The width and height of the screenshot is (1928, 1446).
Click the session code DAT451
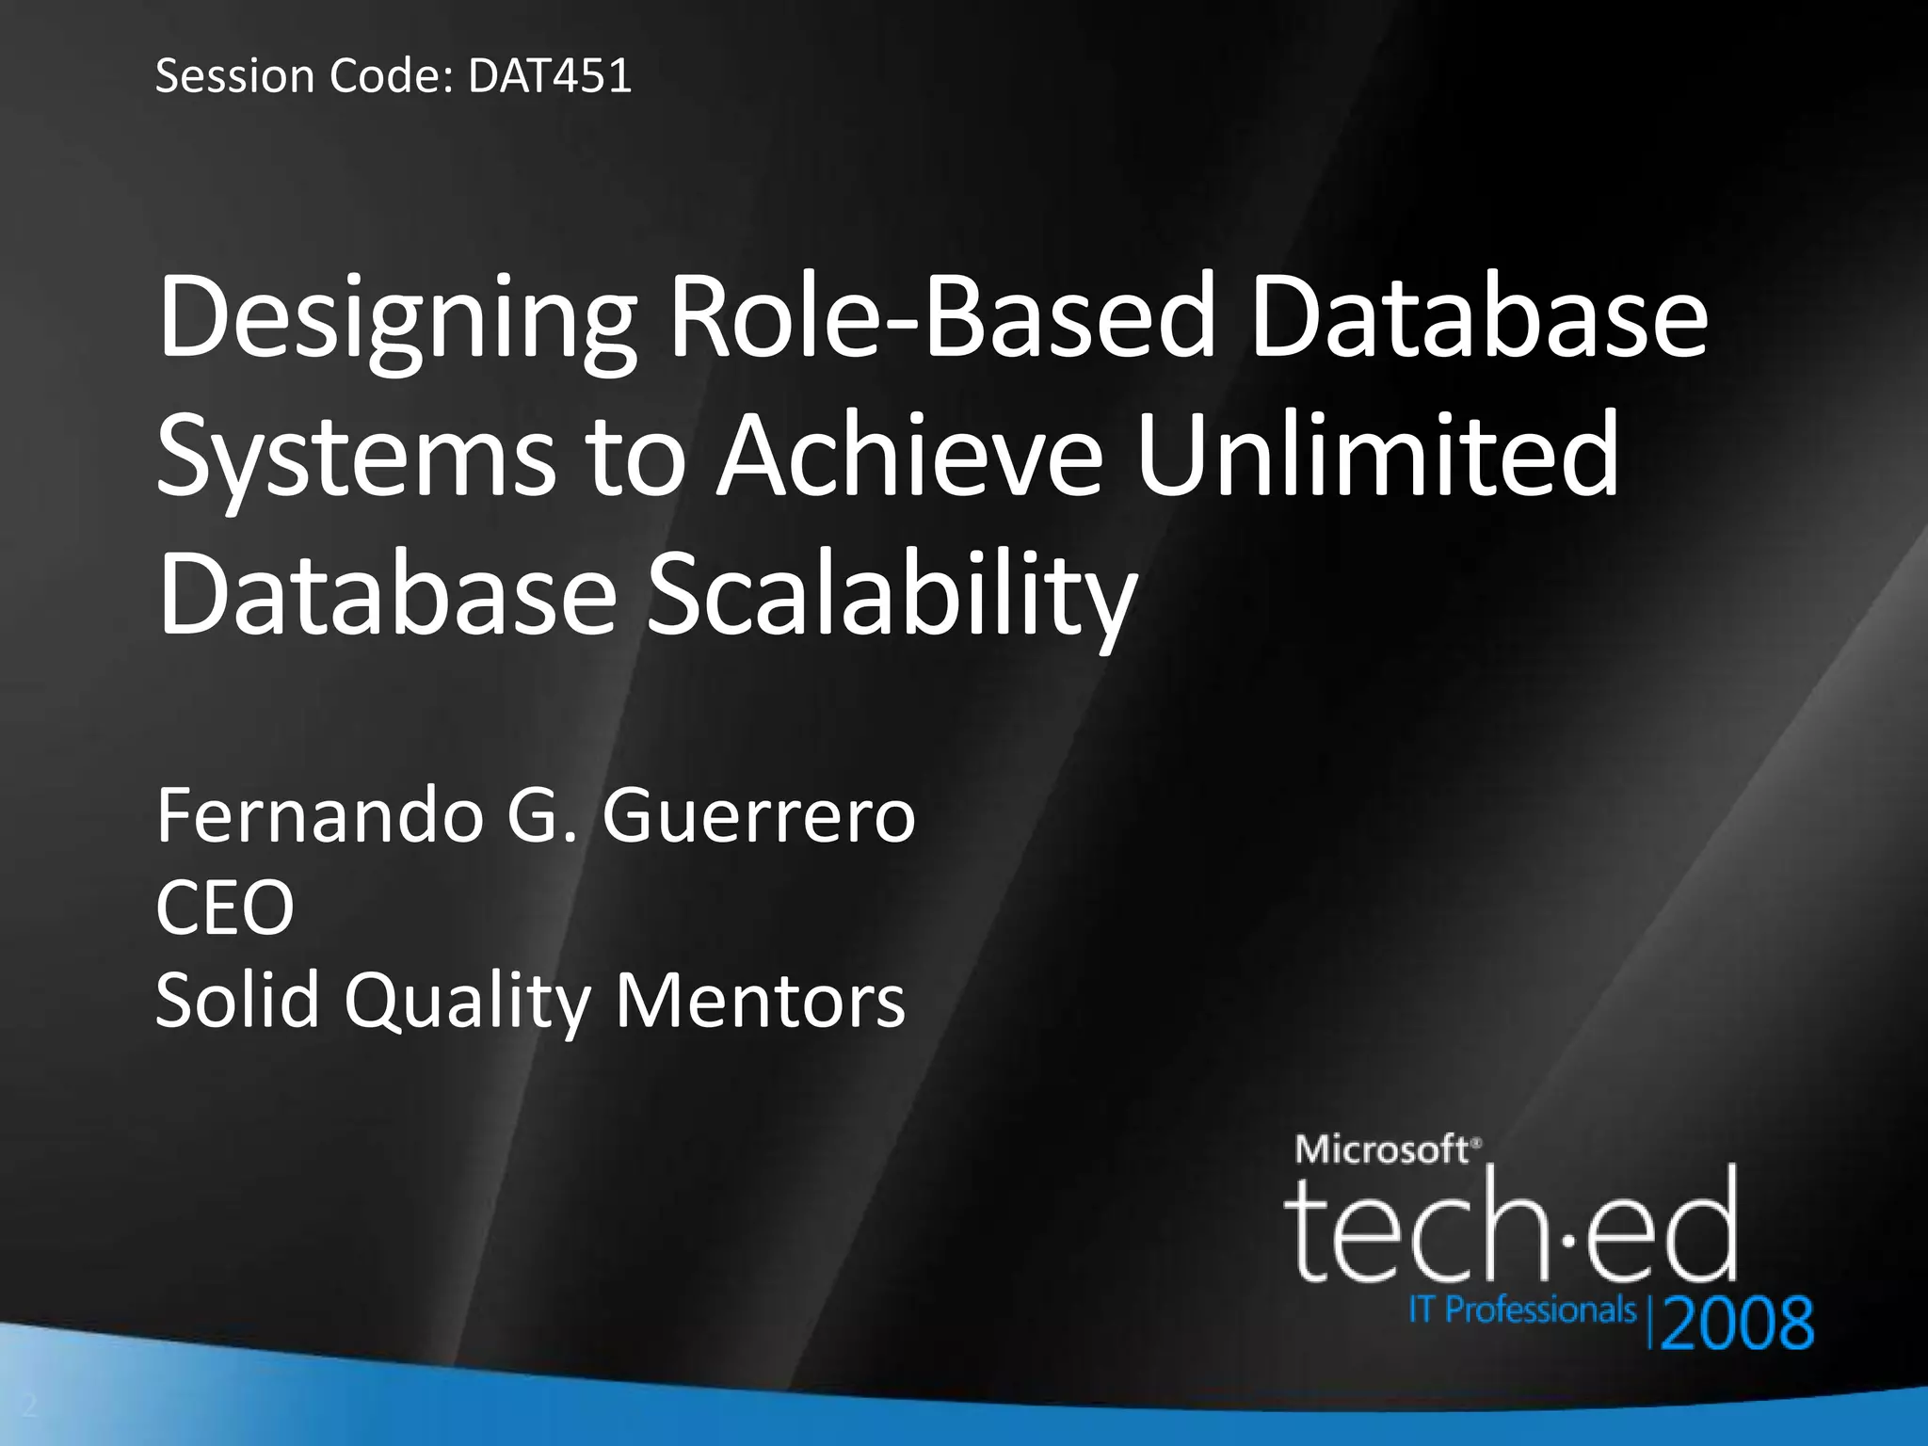point(549,75)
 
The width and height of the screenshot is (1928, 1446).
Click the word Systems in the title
point(357,459)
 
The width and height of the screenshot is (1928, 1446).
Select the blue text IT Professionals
point(1521,1309)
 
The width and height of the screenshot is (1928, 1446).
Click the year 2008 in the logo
point(1738,1323)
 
